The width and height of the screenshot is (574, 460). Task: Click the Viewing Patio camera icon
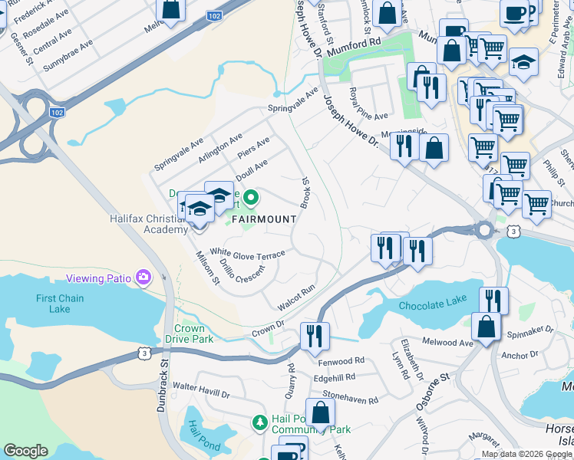pyautogui.click(x=143, y=277)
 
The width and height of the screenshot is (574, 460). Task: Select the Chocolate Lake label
pyautogui.click(x=432, y=304)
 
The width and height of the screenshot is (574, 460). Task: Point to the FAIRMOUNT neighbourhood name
pyautogui.click(x=263, y=219)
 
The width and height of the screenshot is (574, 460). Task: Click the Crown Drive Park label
pyautogui.click(x=189, y=333)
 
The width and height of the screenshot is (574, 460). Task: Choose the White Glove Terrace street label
pyautogui.click(x=247, y=253)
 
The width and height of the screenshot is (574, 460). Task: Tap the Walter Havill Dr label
pyautogui.click(x=202, y=390)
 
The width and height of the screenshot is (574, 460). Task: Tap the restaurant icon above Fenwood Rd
pyautogui.click(x=315, y=335)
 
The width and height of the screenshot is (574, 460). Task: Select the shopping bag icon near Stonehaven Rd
pyautogui.click(x=320, y=412)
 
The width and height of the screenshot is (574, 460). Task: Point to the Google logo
pyautogui.click(x=25, y=451)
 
